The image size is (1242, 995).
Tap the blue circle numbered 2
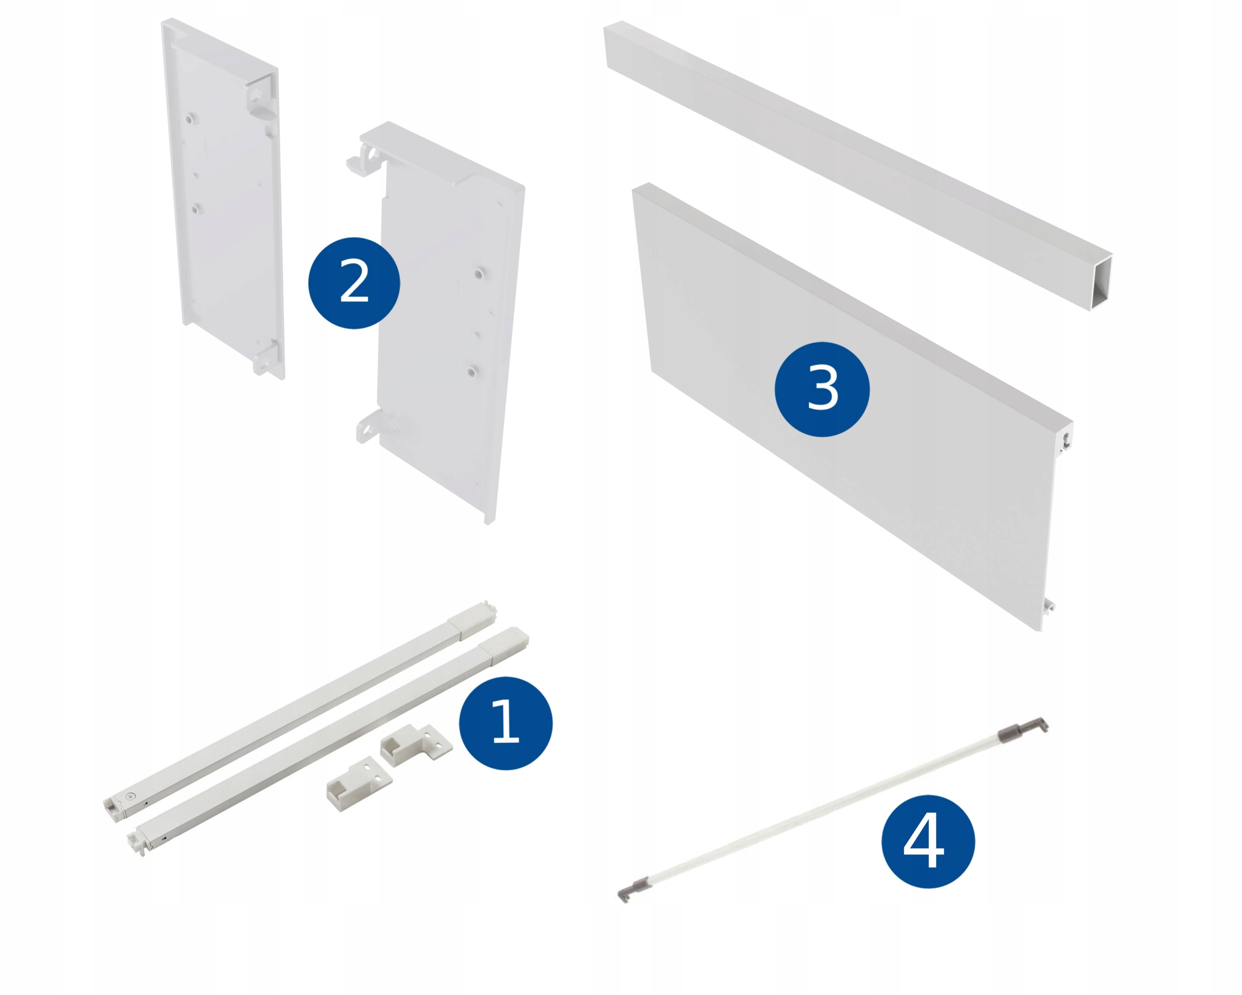[354, 283]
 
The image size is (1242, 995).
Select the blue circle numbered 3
[822, 390]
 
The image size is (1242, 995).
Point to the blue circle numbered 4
[928, 842]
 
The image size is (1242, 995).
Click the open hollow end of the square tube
[1100, 282]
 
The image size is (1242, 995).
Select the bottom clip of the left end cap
[268, 359]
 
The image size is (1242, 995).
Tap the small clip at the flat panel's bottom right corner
[1049, 606]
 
